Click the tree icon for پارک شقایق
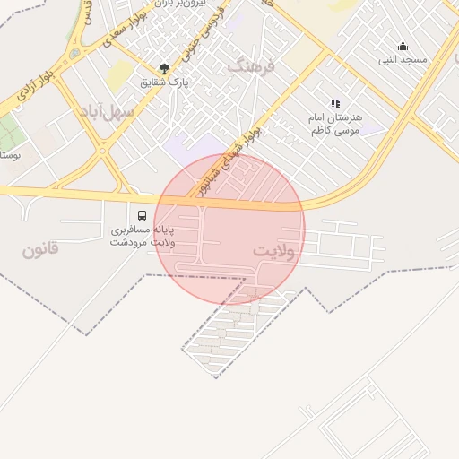pos(163,68)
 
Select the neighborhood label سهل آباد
pos(106,112)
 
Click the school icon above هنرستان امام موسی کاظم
pos(335,104)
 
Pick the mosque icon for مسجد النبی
pos(403,47)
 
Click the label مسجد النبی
pos(403,60)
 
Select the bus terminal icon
pos(142,215)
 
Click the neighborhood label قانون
pos(40,248)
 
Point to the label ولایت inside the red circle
pos(273,250)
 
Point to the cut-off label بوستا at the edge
pos(10,154)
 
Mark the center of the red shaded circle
pos(229,229)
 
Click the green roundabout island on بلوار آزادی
pos(74,53)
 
